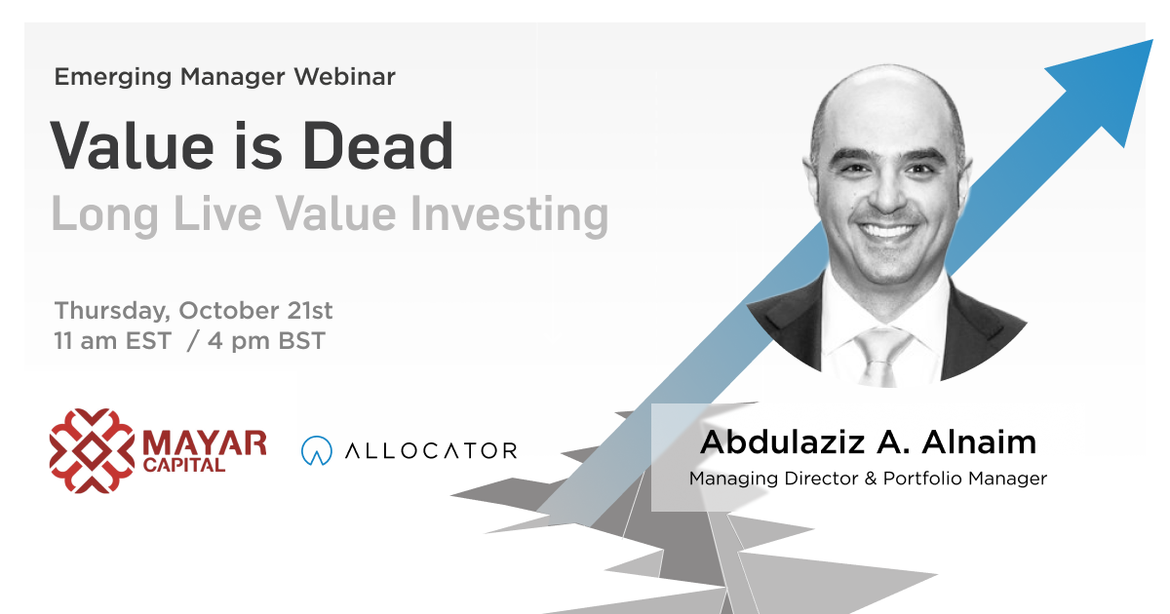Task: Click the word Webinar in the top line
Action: (345, 77)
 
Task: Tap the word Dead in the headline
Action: (378, 145)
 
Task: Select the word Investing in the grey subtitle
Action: (510, 215)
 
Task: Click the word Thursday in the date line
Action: (112, 312)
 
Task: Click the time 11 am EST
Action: (113, 341)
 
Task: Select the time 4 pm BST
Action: (266, 341)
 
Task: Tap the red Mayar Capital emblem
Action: (92, 450)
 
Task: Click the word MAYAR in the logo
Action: (204, 443)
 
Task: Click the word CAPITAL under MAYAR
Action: (184, 465)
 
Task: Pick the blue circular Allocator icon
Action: (317, 450)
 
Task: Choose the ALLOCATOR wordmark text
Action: (431, 450)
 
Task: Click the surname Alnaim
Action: (979, 442)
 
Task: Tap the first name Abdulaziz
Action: (782, 442)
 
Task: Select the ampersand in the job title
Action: (870, 479)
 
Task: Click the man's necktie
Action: (882, 356)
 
